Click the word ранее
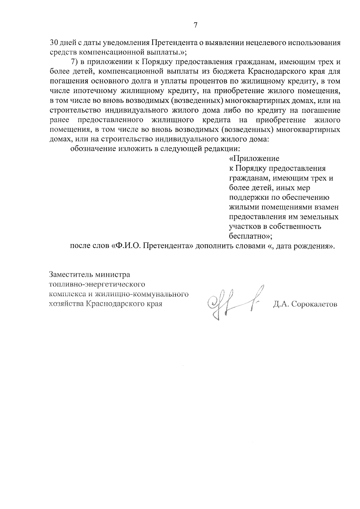click(x=59, y=120)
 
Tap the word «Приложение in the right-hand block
click(x=254, y=159)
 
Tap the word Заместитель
click(x=70, y=274)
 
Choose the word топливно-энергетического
click(x=97, y=284)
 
